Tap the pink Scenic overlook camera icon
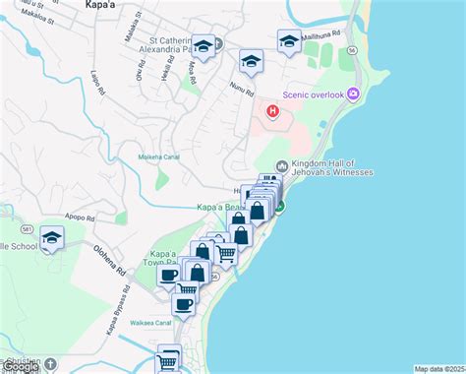coord(352,93)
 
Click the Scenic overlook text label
coord(313,94)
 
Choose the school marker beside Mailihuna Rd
coord(288,41)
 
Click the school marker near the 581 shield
coord(52,237)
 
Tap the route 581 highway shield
coord(29,229)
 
